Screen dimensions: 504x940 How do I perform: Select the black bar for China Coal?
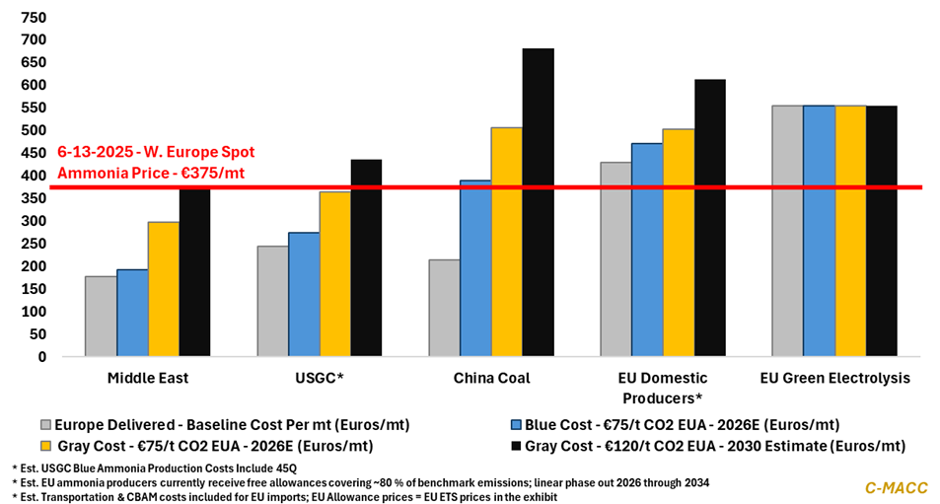[538, 202]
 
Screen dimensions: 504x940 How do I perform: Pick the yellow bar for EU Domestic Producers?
[679, 243]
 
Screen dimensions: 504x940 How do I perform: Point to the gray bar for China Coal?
[444, 308]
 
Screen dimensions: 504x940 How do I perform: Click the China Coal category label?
[491, 378]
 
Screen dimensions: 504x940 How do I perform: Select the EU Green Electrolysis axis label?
[834, 378]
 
